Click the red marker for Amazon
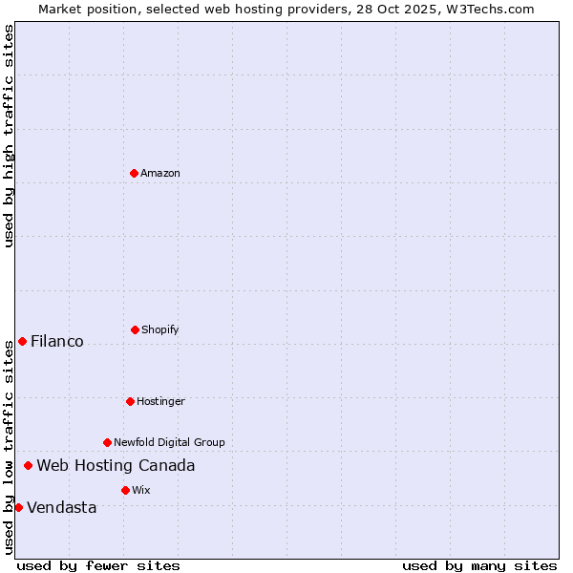tap(134, 173)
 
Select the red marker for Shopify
tap(135, 329)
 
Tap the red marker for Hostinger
tap(130, 401)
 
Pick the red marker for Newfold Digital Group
tap(107, 442)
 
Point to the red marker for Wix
tap(125, 490)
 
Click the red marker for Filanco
tap(22, 341)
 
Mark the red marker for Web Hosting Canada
tap(28, 465)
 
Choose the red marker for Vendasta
tap(18, 507)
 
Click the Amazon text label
tap(160, 173)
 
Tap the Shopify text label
tap(160, 329)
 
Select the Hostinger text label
tap(160, 401)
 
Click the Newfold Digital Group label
tap(169, 442)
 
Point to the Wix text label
tap(141, 490)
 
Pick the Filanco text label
tap(57, 341)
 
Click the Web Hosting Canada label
tap(116, 465)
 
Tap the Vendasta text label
tap(62, 507)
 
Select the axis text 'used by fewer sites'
tap(98, 565)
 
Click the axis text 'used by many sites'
tap(479, 565)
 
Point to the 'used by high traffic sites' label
tap(9, 136)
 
